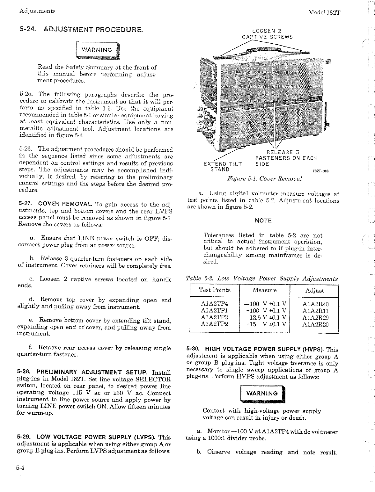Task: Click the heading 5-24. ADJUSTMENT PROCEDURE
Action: (81, 31)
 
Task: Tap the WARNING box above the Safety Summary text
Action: (97, 50)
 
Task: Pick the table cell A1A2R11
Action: (315, 311)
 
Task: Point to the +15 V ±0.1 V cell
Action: (265, 325)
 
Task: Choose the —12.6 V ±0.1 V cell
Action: (265, 318)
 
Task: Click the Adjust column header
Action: (314, 291)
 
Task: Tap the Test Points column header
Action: (214, 290)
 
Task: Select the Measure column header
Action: (264, 290)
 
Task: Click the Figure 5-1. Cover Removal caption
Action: (264, 179)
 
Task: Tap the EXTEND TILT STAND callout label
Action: (222, 167)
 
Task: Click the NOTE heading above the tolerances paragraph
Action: (263, 221)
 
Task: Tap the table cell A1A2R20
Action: (315, 325)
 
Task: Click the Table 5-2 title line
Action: (261, 279)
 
